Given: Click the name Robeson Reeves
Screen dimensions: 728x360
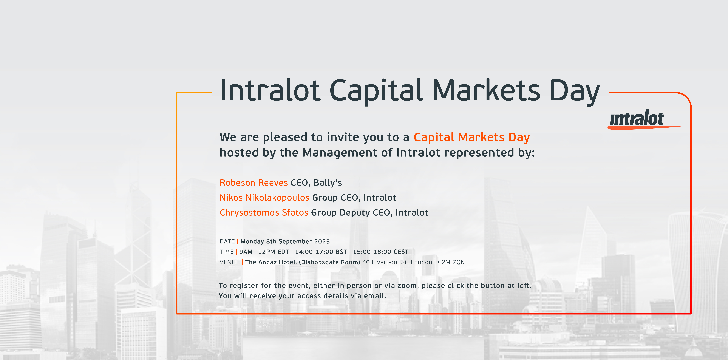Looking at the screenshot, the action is (x=254, y=183).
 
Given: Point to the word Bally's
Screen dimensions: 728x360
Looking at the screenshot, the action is (x=328, y=183).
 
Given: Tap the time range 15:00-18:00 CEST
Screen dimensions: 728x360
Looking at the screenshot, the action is (x=381, y=252).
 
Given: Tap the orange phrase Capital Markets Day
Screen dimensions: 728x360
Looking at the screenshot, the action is (x=472, y=137).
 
